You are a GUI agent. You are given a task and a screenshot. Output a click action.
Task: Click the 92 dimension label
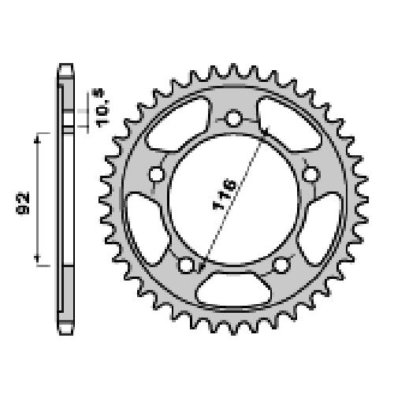[23, 203]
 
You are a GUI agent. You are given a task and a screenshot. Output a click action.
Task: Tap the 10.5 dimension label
[102, 108]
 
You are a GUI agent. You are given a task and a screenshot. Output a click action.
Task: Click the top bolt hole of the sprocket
[233, 118]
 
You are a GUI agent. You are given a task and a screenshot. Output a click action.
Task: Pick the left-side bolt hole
[157, 174]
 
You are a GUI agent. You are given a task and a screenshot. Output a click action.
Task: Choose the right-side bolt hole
[310, 174]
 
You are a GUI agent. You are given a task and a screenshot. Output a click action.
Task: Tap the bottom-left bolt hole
[186, 265]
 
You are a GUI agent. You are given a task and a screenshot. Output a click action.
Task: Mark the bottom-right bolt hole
[281, 265]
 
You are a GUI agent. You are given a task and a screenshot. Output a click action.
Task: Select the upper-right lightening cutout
[289, 125]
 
